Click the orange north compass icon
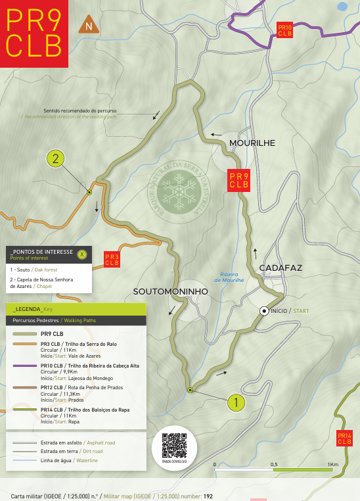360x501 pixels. point(87,26)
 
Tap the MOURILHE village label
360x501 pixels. point(252,143)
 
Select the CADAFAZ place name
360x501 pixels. point(281,268)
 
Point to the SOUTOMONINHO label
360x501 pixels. point(170,291)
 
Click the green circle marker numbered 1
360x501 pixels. point(236,401)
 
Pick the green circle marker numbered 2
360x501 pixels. point(56,158)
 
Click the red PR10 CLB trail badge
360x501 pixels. point(284,30)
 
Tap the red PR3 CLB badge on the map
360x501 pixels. point(112,259)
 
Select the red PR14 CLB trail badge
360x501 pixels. point(345,439)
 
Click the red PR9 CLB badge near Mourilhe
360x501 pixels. point(238,180)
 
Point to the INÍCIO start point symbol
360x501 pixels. point(264,310)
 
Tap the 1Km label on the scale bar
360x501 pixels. point(333,465)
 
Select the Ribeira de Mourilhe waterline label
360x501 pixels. point(233,277)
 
